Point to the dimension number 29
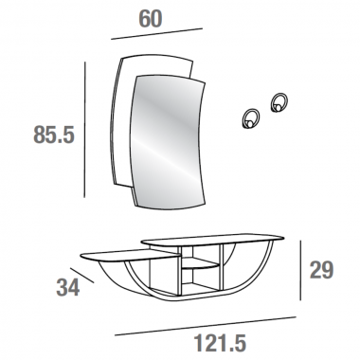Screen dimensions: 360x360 [322, 270]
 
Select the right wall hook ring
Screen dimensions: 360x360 [280, 102]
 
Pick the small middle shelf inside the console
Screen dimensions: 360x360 [198, 270]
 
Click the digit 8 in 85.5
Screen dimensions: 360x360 [14, 135]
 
